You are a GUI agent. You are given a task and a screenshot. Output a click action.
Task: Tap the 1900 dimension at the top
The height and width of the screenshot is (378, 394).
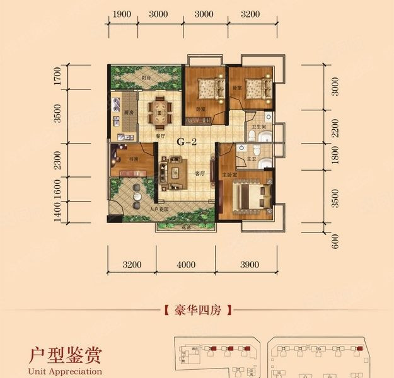[x=124, y=14]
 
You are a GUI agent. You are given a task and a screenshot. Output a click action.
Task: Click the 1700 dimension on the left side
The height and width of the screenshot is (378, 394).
[x=57, y=79]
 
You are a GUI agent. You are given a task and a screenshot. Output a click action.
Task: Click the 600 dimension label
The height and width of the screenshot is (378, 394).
[x=335, y=239]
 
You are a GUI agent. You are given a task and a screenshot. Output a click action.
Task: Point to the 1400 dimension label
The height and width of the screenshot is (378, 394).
[x=57, y=214]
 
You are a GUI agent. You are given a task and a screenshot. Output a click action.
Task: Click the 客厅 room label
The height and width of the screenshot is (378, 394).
[x=200, y=175]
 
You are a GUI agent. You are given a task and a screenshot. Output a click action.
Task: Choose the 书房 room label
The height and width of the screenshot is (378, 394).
[x=134, y=159]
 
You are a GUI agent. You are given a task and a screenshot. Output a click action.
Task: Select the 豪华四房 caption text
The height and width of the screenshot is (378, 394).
[x=194, y=310]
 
